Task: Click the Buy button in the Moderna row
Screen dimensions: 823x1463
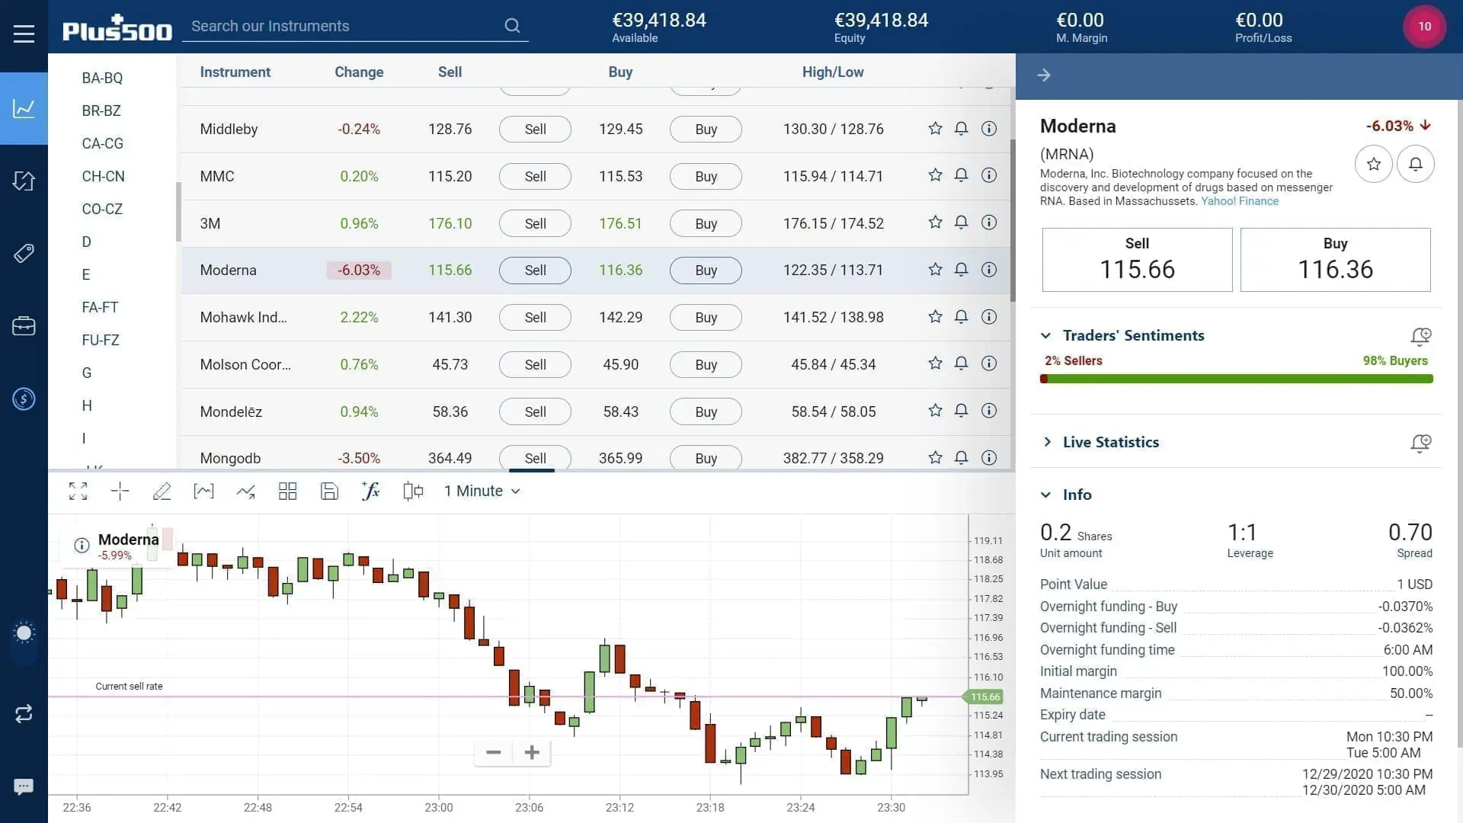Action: pyautogui.click(x=706, y=271)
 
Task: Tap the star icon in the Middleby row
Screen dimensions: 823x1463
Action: pyautogui.click(x=935, y=129)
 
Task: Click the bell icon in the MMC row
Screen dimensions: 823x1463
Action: pyautogui.click(x=961, y=176)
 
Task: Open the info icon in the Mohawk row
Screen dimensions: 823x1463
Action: pyautogui.click(x=988, y=317)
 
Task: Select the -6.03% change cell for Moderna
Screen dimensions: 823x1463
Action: pyautogui.click(x=359, y=271)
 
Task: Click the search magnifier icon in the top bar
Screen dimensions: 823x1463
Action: pyautogui.click(x=512, y=26)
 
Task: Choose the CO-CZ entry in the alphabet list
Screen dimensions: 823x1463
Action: pyautogui.click(x=102, y=209)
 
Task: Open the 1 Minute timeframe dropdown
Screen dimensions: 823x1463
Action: pyautogui.click(x=482, y=492)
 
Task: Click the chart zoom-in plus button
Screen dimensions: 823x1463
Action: pyautogui.click(x=532, y=753)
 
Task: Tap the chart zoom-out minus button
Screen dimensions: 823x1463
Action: pyautogui.click(x=493, y=753)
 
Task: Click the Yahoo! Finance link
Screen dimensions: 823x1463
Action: pyautogui.click(x=1240, y=201)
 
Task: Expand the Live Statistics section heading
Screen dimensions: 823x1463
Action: pyautogui.click(x=1110, y=442)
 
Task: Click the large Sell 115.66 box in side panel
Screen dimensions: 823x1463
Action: pyautogui.click(x=1137, y=260)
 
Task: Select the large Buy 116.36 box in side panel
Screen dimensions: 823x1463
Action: pyautogui.click(x=1335, y=260)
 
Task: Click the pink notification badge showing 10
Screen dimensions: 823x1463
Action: pyautogui.click(x=1424, y=26)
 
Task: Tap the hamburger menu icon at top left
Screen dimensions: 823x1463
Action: pyautogui.click(x=24, y=34)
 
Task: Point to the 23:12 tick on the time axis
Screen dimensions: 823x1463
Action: pyautogui.click(x=619, y=807)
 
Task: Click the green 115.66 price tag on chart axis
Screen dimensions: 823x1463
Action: pyautogui.click(x=984, y=697)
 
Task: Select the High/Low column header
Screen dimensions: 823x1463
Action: pyautogui.click(x=832, y=72)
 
